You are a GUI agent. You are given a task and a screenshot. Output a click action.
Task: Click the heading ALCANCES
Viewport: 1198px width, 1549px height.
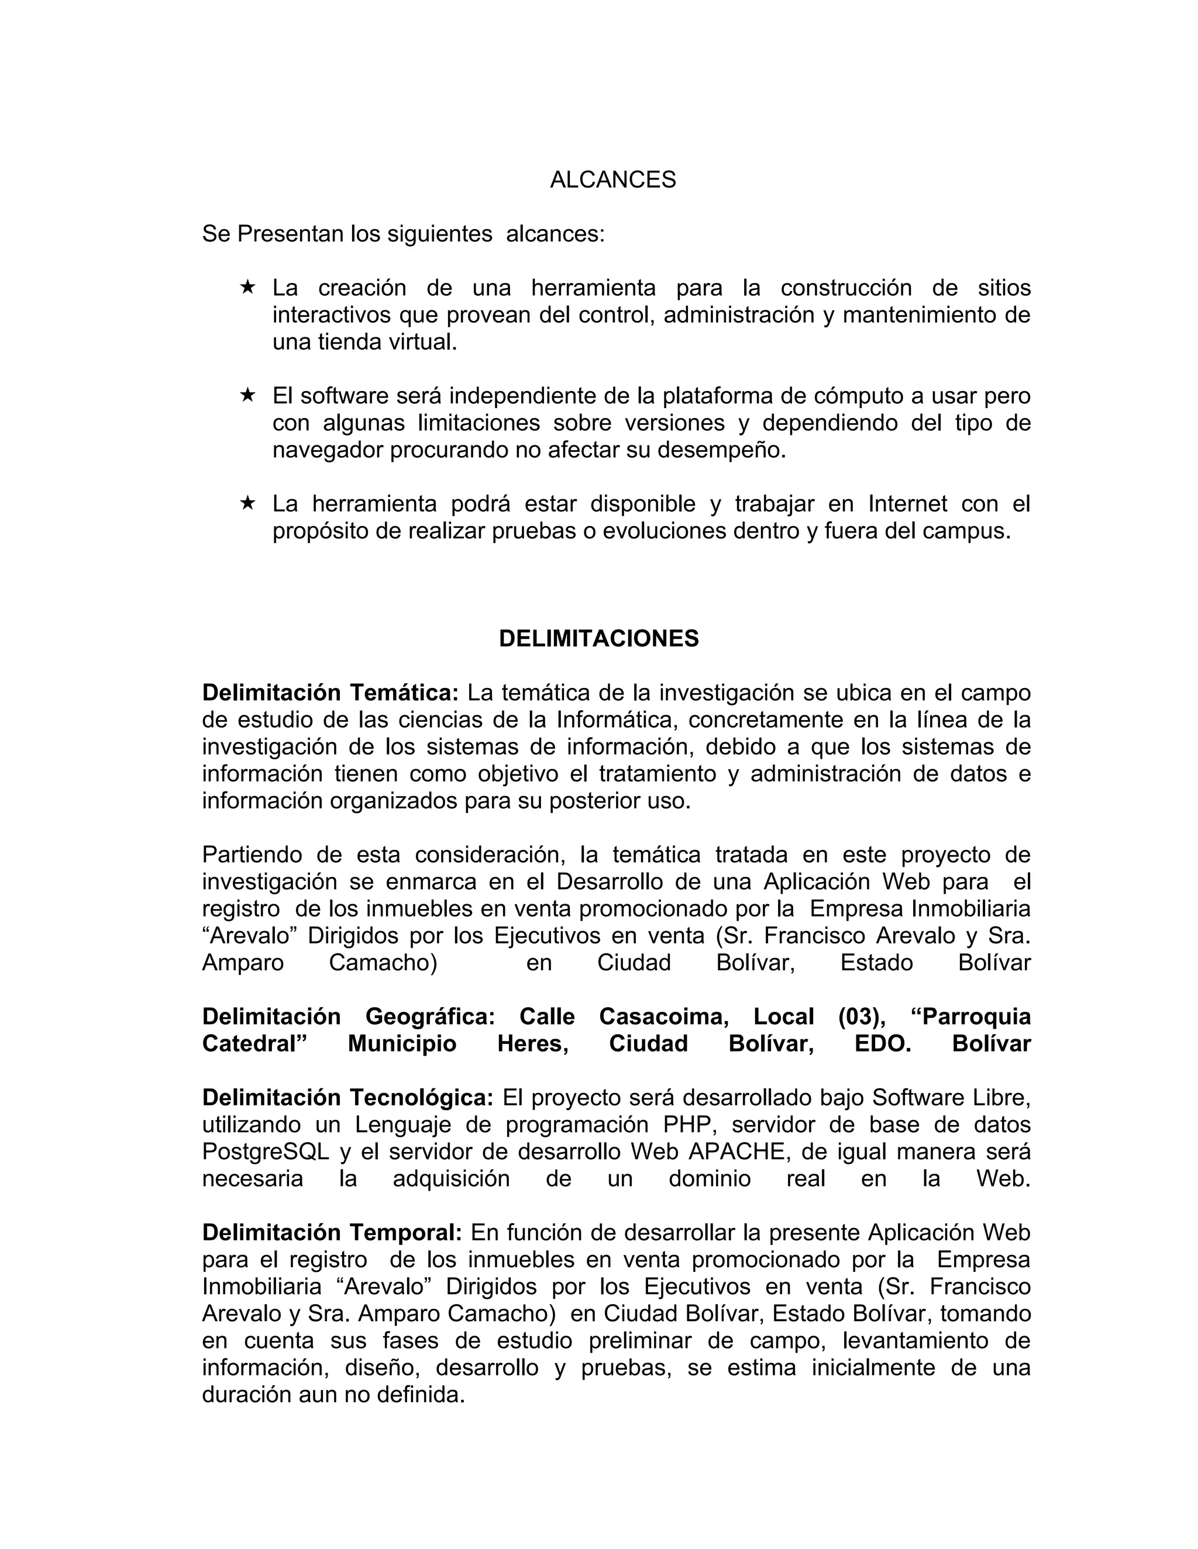tap(612, 180)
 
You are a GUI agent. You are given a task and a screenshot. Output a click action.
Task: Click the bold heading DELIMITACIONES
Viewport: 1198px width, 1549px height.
tap(598, 638)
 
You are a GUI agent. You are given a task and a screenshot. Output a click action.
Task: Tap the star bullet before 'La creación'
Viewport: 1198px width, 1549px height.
tap(247, 286)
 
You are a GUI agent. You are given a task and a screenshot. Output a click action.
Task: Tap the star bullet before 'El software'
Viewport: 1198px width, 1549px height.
tap(247, 395)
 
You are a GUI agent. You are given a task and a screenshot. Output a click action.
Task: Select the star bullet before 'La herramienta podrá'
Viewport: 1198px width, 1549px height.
tap(247, 503)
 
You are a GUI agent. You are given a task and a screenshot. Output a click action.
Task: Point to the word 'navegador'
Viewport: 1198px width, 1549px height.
tap(328, 450)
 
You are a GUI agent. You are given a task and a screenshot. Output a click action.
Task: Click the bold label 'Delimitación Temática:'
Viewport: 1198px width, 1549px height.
tap(331, 692)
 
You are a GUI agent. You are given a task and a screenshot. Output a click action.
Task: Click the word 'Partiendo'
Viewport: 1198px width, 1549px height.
tap(251, 855)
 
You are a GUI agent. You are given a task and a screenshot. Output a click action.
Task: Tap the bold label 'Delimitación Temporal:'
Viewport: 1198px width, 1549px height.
tap(332, 1233)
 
